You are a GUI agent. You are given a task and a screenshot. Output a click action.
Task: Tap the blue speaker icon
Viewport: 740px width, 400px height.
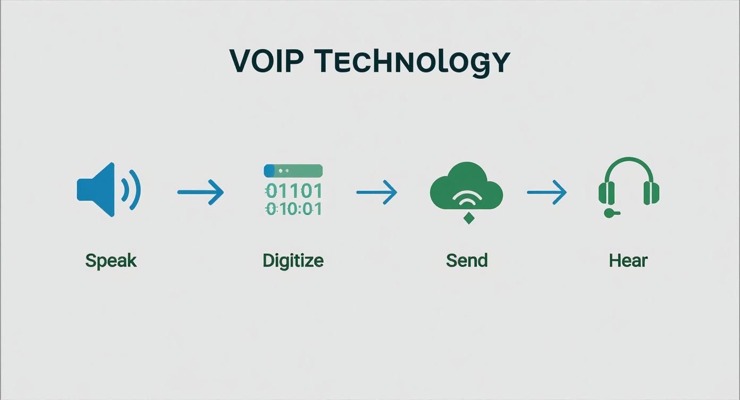(98, 190)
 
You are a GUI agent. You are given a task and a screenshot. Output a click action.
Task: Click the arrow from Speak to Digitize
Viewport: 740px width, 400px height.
(200, 192)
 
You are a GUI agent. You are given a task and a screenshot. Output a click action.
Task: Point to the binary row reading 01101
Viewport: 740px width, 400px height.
(293, 190)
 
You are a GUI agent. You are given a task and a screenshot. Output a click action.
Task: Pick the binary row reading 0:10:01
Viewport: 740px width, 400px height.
(293, 209)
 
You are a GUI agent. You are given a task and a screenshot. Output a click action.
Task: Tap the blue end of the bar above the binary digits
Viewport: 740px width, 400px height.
(269, 171)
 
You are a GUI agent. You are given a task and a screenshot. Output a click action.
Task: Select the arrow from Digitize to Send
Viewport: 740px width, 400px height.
(376, 192)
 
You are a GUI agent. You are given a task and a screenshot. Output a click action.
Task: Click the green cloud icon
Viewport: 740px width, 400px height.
(466, 186)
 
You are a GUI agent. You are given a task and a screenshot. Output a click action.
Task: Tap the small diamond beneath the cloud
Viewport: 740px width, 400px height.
(468, 218)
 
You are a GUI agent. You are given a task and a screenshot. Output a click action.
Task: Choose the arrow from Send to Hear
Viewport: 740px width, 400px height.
(546, 192)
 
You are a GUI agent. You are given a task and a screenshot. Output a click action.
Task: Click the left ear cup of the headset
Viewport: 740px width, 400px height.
(606, 193)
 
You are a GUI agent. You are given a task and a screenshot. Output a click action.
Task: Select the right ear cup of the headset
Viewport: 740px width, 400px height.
(651, 193)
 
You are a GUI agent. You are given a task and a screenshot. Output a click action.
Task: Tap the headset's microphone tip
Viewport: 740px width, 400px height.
(609, 213)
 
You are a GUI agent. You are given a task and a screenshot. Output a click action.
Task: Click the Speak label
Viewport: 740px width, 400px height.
(111, 261)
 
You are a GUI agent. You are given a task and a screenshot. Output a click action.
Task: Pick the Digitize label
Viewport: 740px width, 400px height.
(293, 261)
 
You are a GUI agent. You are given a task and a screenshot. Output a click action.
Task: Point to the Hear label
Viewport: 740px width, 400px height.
(628, 261)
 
